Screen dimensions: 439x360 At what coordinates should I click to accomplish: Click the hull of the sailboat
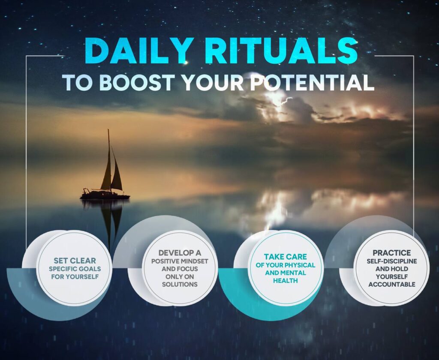click(105, 196)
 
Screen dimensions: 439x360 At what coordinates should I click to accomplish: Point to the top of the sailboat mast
click(108, 129)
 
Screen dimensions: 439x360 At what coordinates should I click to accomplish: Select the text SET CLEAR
click(75, 261)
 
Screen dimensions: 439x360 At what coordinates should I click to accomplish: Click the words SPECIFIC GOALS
click(75, 269)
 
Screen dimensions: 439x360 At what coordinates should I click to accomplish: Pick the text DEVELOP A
click(180, 253)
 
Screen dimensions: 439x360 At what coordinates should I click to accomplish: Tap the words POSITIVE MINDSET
click(180, 261)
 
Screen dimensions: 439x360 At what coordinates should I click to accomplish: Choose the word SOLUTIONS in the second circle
click(180, 285)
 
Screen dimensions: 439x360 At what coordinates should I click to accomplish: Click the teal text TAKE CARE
click(285, 257)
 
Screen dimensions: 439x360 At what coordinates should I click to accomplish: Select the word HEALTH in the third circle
click(285, 280)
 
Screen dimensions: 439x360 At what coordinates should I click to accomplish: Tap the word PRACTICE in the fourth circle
click(392, 253)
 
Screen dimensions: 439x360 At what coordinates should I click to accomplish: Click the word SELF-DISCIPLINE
click(392, 261)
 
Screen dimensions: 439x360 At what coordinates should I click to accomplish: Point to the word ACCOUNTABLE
click(392, 285)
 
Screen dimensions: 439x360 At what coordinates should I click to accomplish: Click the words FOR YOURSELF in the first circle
click(75, 277)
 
